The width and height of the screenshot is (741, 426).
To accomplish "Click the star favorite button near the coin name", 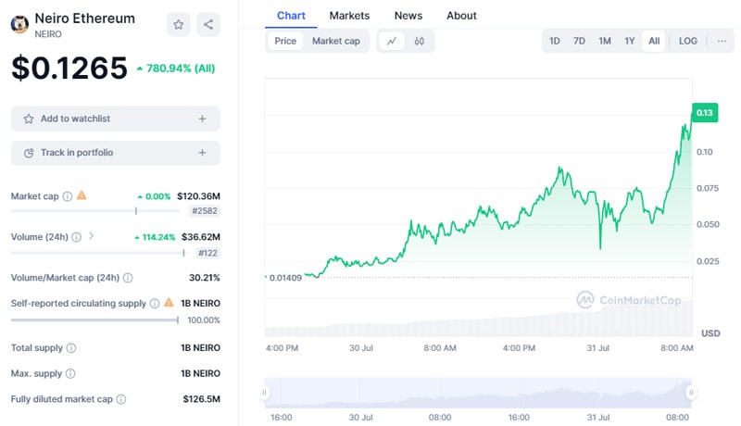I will pyautogui.click(x=179, y=25).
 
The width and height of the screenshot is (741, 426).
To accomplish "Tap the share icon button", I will pyautogui.click(x=208, y=25).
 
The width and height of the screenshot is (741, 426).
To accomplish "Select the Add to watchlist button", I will pyautogui.click(x=115, y=119).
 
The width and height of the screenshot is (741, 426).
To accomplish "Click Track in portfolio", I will pyautogui.click(x=115, y=153).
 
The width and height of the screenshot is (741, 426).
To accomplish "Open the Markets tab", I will pyautogui.click(x=349, y=16).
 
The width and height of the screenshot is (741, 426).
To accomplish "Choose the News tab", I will pyautogui.click(x=408, y=16).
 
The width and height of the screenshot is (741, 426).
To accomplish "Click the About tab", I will pyautogui.click(x=461, y=16).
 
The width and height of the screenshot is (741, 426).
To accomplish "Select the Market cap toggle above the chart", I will pyautogui.click(x=335, y=41).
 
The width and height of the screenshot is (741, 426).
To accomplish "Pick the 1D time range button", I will pyautogui.click(x=554, y=41).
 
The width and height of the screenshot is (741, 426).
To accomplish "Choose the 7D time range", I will pyautogui.click(x=579, y=41).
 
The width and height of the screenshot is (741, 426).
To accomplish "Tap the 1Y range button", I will pyautogui.click(x=630, y=41).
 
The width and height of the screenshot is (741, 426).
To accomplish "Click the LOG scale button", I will pyautogui.click(x=688, y=41).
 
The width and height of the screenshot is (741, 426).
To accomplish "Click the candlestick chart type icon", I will pyautogui.click(x=420, y=41).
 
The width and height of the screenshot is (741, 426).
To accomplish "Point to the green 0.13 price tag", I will pyautogui.click(x=705, y=113).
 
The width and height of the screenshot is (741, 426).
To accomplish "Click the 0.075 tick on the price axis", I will pyautogui.click(x=708, y=188).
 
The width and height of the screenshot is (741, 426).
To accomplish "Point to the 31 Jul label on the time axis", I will pyautogui.click(x=597, y=348).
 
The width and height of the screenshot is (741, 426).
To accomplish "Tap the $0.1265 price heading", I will pyautogui.click(x=69, y=68).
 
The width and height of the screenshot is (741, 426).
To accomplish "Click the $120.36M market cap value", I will pyautogui.click(x=198, y=196).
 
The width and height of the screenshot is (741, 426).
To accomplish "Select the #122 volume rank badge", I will pyautogui.click(x=207, y=253).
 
